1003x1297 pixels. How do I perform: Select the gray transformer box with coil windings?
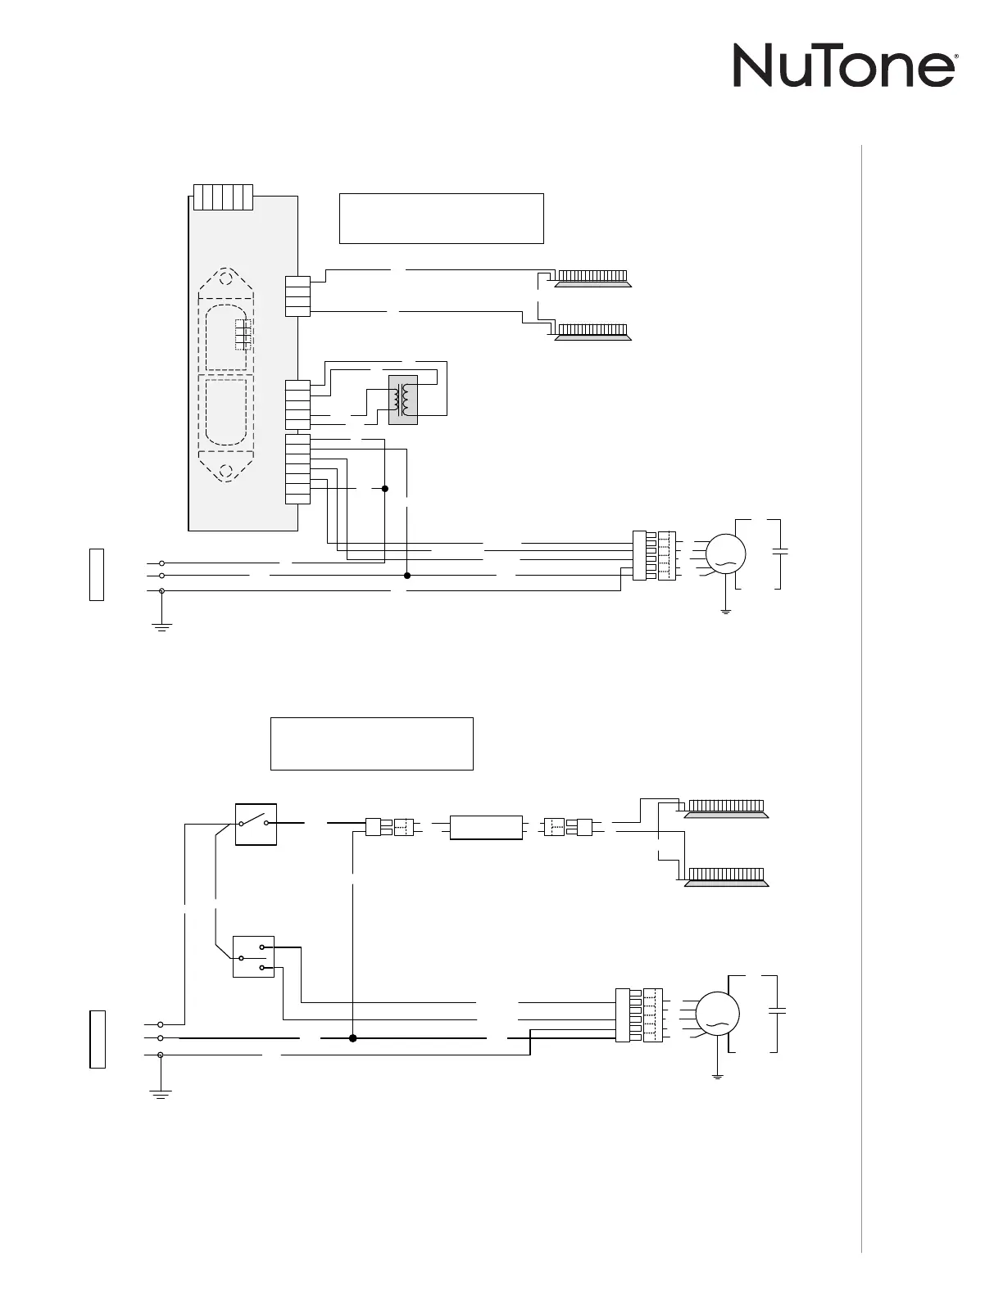point(402,400)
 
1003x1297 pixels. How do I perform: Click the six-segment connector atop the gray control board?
point(223,197)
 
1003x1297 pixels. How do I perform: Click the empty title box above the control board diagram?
point(441,218)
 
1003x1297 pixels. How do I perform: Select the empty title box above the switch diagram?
point(371,743)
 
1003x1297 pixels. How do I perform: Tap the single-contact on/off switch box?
point(256,824)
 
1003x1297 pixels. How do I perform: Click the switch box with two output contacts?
point(253,956)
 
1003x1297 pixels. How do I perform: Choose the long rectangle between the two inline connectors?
point(487,827)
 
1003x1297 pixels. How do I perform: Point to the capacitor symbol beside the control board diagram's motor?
point(779,553)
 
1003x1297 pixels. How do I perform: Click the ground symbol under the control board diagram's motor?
point(725,611)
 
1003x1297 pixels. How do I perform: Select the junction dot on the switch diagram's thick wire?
point(353,1037)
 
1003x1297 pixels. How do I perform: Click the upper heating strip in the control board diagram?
point(592,278)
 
